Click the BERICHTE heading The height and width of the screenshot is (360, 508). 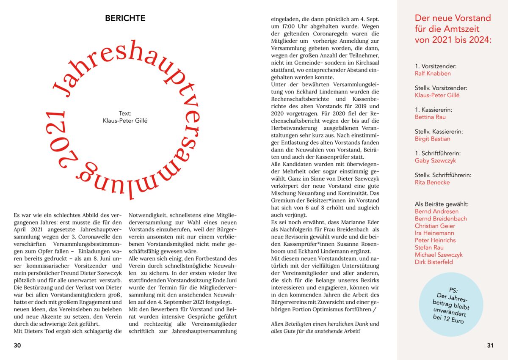125,19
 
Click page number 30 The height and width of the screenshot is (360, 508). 17,345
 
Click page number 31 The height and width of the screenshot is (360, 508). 490,345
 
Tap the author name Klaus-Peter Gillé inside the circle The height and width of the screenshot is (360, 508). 125,121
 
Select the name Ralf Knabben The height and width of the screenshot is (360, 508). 433,74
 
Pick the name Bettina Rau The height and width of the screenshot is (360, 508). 430,117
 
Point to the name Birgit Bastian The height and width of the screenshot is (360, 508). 432,139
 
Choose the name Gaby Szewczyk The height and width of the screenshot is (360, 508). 435,161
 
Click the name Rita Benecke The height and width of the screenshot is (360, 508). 432,183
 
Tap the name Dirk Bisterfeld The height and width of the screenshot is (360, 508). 433,262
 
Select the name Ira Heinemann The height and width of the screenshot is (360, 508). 434,233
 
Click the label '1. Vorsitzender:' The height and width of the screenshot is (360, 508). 436,66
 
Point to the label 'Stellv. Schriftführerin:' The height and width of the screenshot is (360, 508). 443,175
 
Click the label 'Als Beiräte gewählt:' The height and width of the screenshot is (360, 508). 442,204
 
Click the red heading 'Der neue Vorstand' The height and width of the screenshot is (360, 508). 453,18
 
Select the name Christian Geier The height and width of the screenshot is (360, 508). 434,226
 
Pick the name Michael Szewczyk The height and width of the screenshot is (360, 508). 439,255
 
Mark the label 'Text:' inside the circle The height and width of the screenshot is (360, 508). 125,113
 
